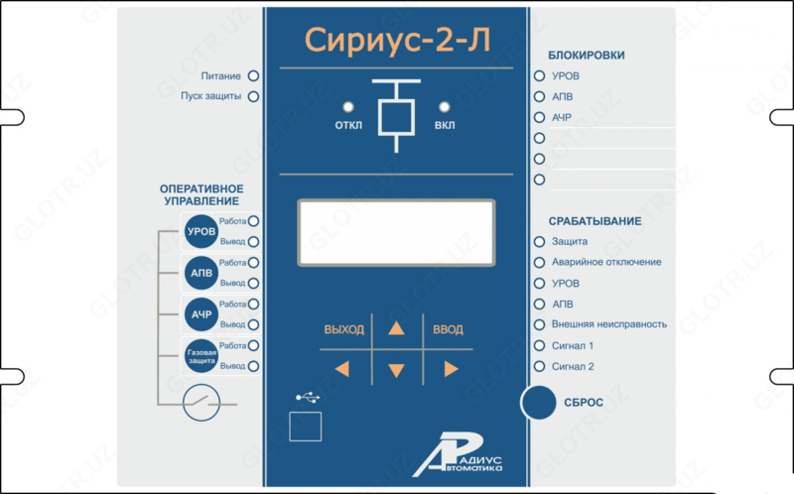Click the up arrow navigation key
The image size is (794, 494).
[396, 329]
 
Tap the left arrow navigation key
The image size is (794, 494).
[342, 369]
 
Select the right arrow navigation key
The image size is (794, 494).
[451, 369]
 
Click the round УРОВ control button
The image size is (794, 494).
[200, 232]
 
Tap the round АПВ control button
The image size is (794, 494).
[200, 273]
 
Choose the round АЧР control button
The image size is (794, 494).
[200, 314]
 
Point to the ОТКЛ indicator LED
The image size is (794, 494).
[348, 106]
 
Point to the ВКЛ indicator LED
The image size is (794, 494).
[445, 106]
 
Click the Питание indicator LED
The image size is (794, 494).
[253, 75]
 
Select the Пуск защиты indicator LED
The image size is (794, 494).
[253, 97]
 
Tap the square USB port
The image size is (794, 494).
[306, 425]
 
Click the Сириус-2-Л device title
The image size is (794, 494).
[396, 40]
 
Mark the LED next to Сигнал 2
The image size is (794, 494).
[539, 366]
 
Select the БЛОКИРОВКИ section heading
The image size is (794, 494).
[586, 56]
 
